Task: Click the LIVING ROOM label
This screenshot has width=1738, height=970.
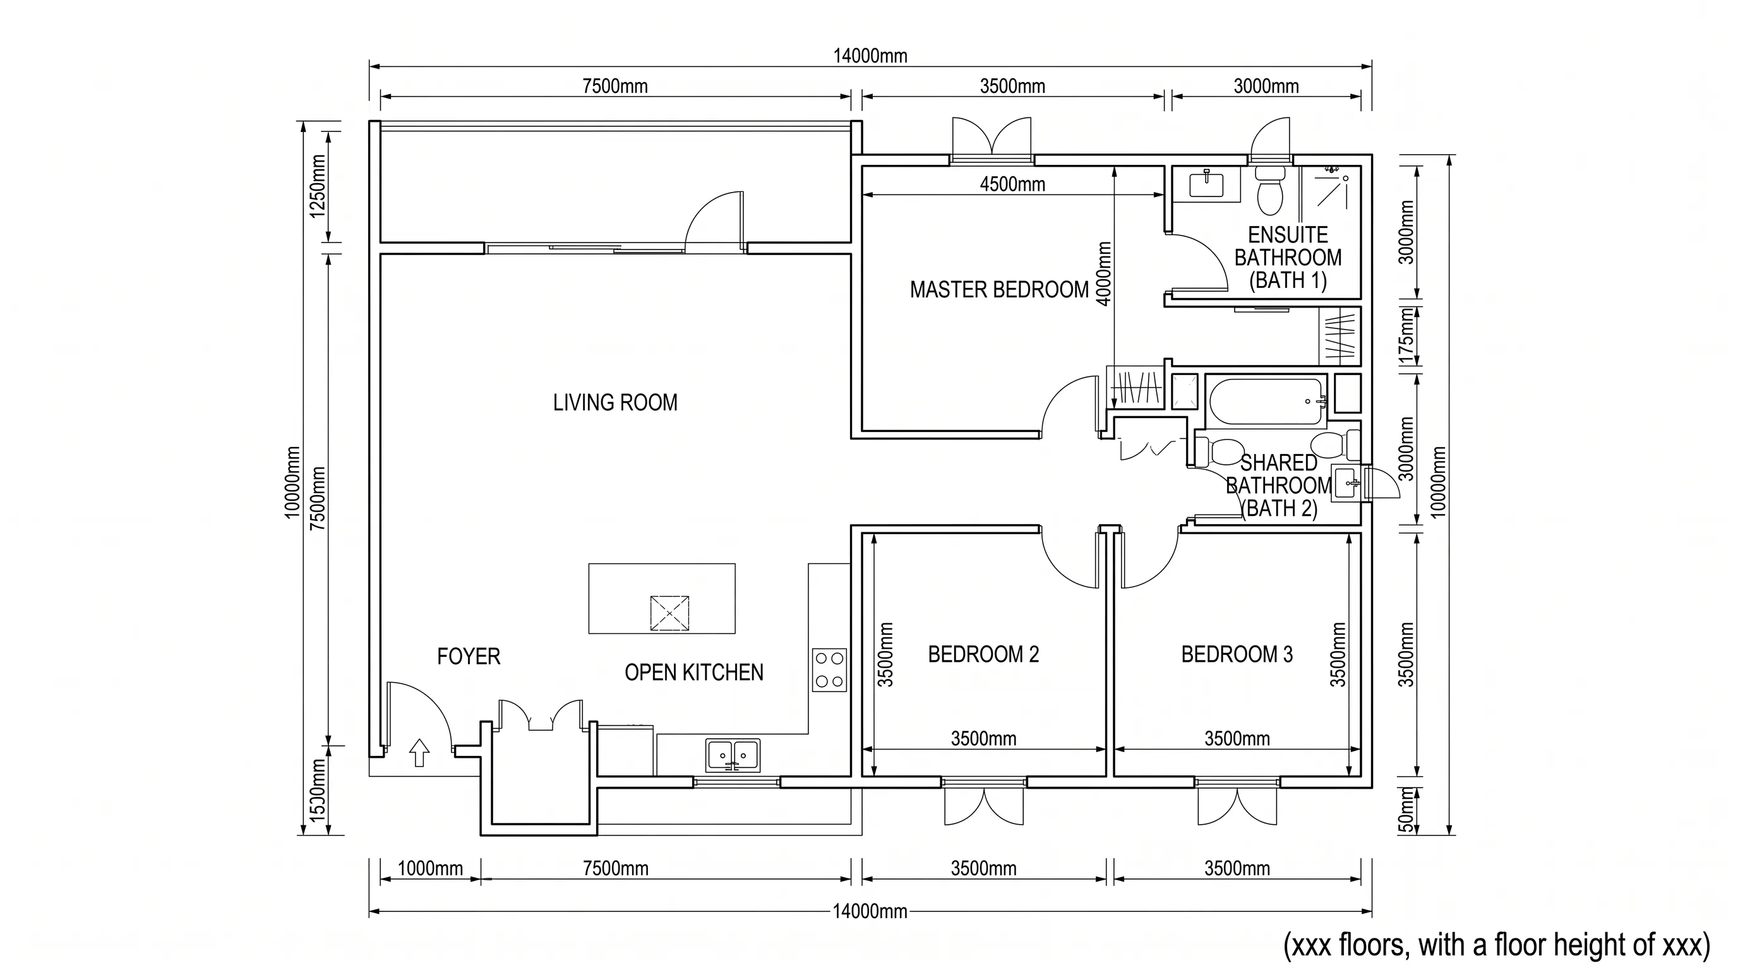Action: pyautogui.click(x=614, y=403)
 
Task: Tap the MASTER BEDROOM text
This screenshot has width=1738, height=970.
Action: pyautogui.click(x=999, y=290)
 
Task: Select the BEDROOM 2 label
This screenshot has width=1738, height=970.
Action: pyautogui.click(x=983, y=654)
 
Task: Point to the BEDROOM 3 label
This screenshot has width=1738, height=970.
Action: pyautogui.click(x=1237, y=654)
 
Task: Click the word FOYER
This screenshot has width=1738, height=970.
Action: pyautogui.click(x=468, y=656)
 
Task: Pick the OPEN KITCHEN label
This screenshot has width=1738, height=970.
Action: pyautogui.click(x=693, y=673)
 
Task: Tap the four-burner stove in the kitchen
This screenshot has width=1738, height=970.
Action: pyautogui.click(x=829, y=670)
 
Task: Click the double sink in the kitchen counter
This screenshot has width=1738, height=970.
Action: pyautogui.click(x=733, y=755)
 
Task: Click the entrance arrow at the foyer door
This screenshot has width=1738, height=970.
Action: pyautogui.click(x=419, y=752)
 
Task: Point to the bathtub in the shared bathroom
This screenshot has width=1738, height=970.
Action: pyautogui.click(x=1266, y=402)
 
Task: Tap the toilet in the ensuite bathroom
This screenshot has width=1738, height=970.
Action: pyautogui.click(x=1270, y=190)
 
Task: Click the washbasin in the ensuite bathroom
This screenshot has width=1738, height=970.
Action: pyautogui.click(x=1206, y=184)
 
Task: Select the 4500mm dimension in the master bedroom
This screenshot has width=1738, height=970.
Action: pyautogui.click(x=1012, y=184)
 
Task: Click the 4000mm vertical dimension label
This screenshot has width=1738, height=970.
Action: pyautogui.click(x=1104, y=274)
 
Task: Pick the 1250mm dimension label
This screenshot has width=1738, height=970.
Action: pyautogui.click(x=317, y=187)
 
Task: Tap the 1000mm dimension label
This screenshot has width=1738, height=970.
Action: pyautogui.click(x=430, y=868)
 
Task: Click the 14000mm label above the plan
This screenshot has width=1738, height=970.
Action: pyautogui.click(x=870, y=56)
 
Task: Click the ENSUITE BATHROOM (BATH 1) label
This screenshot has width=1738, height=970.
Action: pyautogui.click(x=1287, y=258)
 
